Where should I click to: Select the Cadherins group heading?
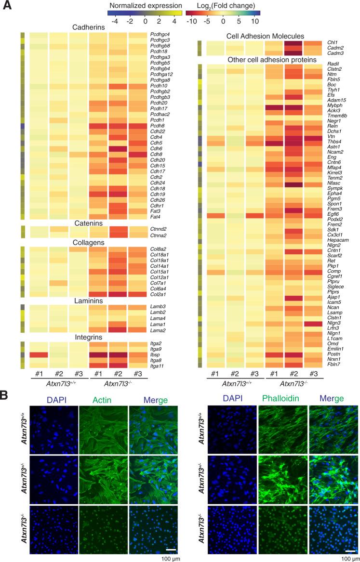pyautogui.click(x=88, y=27)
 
